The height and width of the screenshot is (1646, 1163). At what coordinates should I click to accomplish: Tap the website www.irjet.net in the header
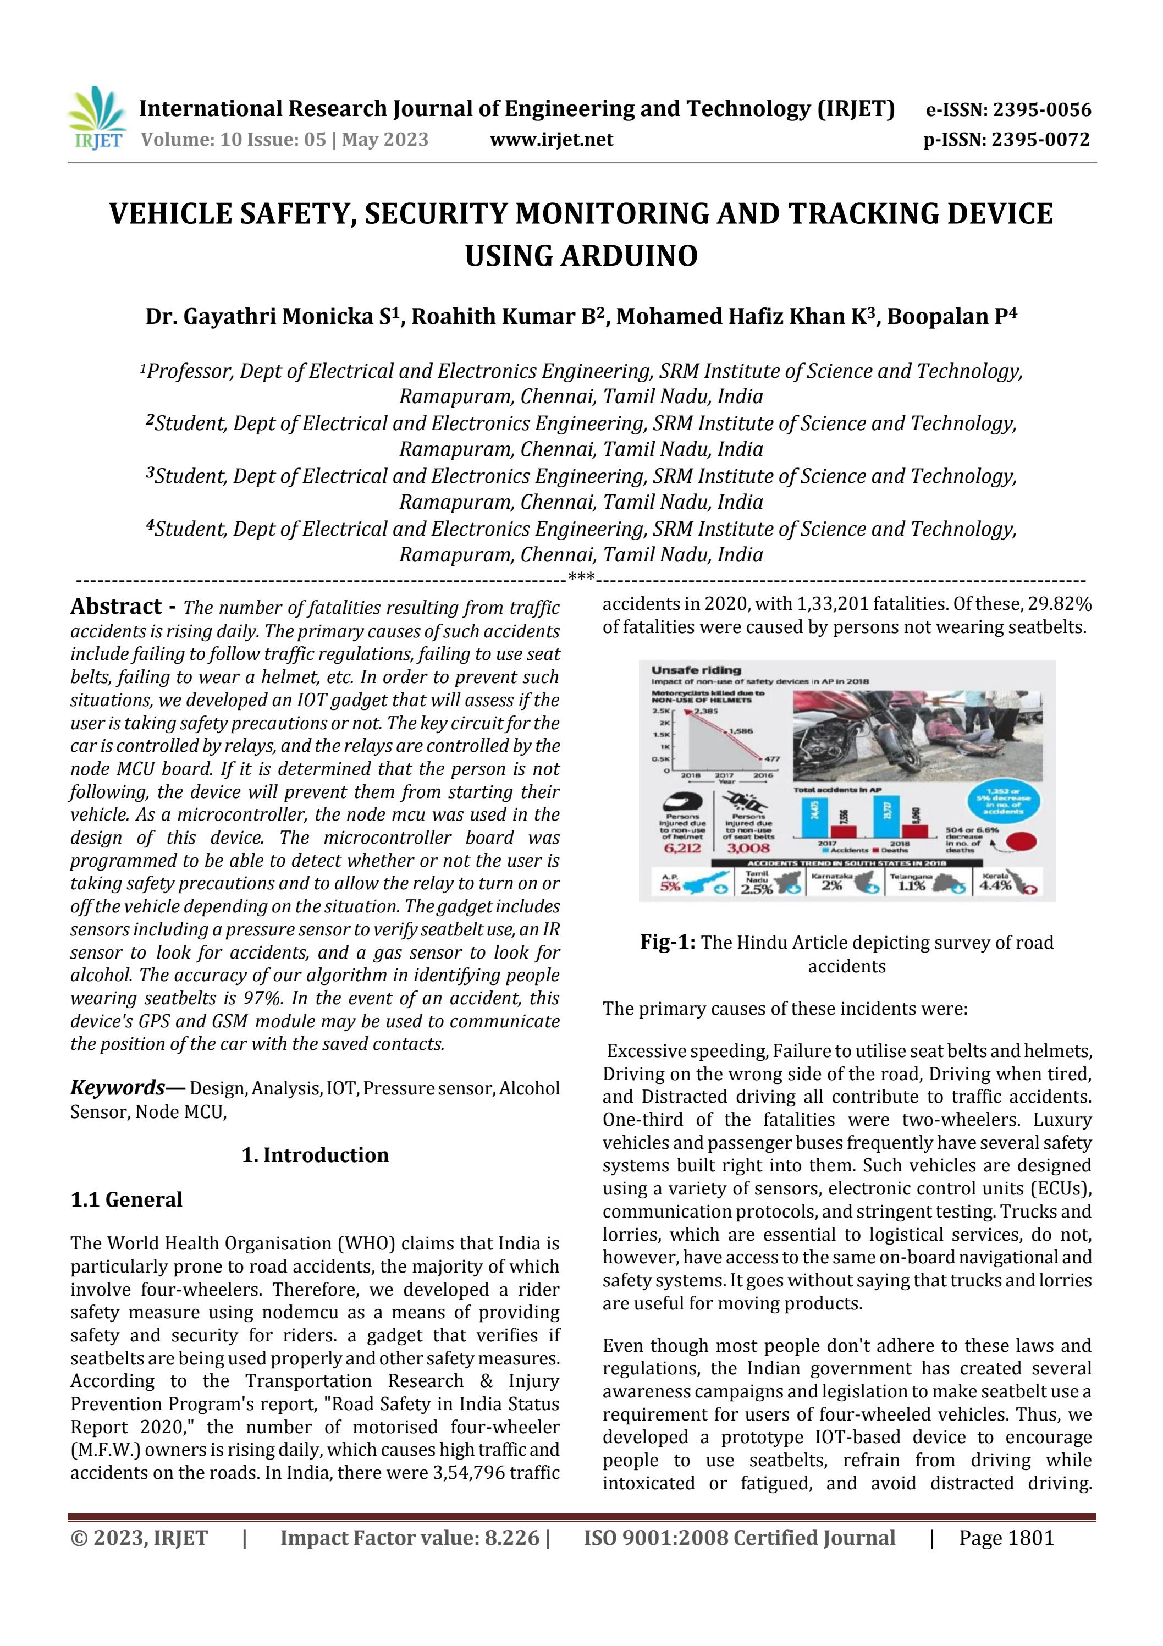point(552,140)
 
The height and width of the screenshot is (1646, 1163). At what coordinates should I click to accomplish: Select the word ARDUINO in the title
point(630,256)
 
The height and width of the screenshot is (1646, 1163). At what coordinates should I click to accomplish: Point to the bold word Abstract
point(116,607)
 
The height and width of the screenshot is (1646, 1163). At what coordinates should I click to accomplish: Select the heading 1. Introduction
point(316,1155)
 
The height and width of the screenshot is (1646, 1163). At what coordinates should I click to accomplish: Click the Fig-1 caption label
point(667,942)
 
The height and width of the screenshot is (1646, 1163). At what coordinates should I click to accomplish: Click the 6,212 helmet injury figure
point(682,848)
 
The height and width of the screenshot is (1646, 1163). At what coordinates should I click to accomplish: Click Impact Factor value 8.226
point(410,1537)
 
